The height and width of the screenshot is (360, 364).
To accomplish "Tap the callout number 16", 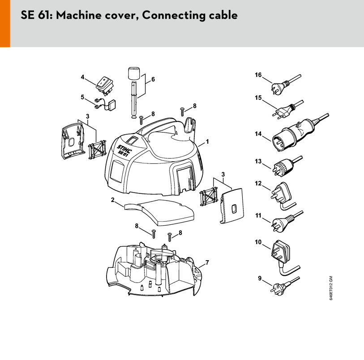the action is coord(258,75).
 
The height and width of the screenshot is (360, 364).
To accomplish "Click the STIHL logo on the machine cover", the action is coord(124,149).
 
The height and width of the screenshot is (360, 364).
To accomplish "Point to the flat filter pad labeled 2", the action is coord(159,212).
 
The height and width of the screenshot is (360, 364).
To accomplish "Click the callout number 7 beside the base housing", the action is coord(207,262).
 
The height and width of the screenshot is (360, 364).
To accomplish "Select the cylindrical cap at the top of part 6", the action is coord(134,73).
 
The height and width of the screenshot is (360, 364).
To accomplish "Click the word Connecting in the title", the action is coord(174,15).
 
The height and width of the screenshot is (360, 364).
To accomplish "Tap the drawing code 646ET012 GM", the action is coord(331,288).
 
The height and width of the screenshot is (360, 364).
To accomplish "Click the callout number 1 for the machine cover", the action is coord(207,141).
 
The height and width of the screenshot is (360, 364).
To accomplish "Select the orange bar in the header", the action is coord(5,23).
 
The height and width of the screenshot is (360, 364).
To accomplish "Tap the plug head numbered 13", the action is coord(282,167).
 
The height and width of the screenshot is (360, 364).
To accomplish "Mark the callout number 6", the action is coord(153,79).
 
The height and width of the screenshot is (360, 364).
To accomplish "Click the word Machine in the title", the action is coord(79,15).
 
